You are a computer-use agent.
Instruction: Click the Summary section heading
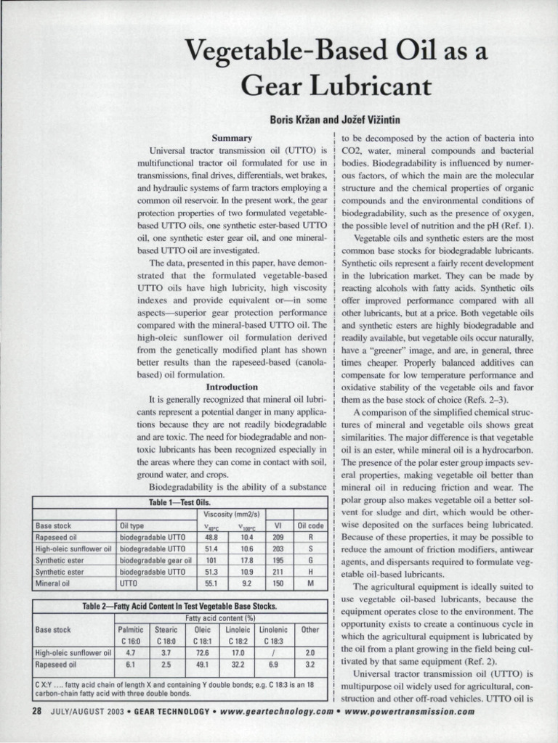click(232, 137)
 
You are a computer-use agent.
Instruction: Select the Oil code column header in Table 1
click(311, 525)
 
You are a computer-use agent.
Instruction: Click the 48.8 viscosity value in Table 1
click(212, 538)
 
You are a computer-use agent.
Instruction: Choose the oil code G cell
click(311, 560)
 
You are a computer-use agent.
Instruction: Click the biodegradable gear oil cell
click(153, 560)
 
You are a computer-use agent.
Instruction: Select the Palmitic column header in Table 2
click(131, 630)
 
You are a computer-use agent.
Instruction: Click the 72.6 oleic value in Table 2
click(203, 652)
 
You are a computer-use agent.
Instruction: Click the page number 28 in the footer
click(36, 711)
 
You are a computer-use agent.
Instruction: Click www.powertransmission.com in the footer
click(411, 711)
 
